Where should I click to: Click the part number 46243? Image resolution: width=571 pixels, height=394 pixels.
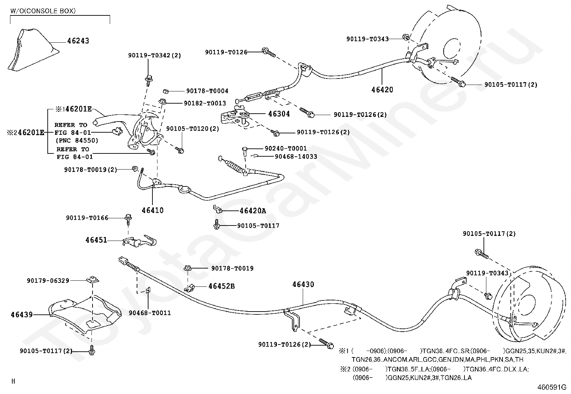click(x=78, y=41)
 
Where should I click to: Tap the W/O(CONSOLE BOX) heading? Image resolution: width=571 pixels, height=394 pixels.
click(x=43, y=11)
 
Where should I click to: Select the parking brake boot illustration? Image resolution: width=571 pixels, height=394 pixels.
click(x=33, y=50)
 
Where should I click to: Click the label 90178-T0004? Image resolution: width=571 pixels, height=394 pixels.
click(x=207, y=91)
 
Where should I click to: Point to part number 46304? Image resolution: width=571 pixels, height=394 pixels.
click(x=279, y=114)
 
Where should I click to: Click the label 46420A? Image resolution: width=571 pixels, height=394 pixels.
click(x=253, y=211)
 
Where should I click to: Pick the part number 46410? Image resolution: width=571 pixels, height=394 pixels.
click(x=152, y=210)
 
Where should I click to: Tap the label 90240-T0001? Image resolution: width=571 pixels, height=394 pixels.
click(x=285, y=148)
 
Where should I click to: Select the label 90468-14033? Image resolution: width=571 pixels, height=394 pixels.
click(x=296, y=156)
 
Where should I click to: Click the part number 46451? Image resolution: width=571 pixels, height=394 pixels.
click(x=96, y=240)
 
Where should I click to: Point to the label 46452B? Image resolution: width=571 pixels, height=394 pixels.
click(x=221, y=286)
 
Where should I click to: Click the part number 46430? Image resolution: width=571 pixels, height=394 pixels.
click(x=303, y=284)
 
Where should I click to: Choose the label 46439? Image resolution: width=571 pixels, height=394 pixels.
click(x=22, y=315)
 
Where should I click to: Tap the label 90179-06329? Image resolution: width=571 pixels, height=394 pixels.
click(x=48, y=281)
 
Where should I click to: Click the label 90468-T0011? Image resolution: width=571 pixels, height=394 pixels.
click(x=150, y=313)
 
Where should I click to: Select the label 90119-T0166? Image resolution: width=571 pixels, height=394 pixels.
click(x=87, y=218)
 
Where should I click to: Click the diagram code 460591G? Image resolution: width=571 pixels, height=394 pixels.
click(x=552, y=387)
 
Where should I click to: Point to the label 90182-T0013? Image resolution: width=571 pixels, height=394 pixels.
click(x=205, y=103)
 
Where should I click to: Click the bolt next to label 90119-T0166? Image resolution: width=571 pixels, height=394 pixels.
click(x=128, y=219)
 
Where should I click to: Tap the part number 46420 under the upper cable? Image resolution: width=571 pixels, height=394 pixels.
click(x=382, y=90)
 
